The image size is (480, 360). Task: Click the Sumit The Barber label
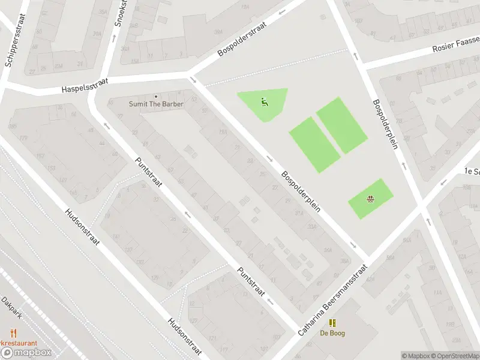[x=156, y=104]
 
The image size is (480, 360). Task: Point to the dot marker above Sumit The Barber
[x=156, y=96]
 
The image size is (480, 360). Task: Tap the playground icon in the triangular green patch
[x=264, y=102]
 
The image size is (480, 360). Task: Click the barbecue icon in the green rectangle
[x=370, y=199]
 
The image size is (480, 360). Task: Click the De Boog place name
[x=332, y=333]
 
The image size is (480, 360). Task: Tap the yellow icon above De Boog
[x=332, y=323]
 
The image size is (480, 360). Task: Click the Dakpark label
[x=11, y=307]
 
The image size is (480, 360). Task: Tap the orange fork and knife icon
[x=13, y=333]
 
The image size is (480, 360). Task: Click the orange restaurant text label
[x=18, y=343]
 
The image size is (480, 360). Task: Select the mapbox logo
[x=27, y=353]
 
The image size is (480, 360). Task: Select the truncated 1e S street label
[x=471, y=170]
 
